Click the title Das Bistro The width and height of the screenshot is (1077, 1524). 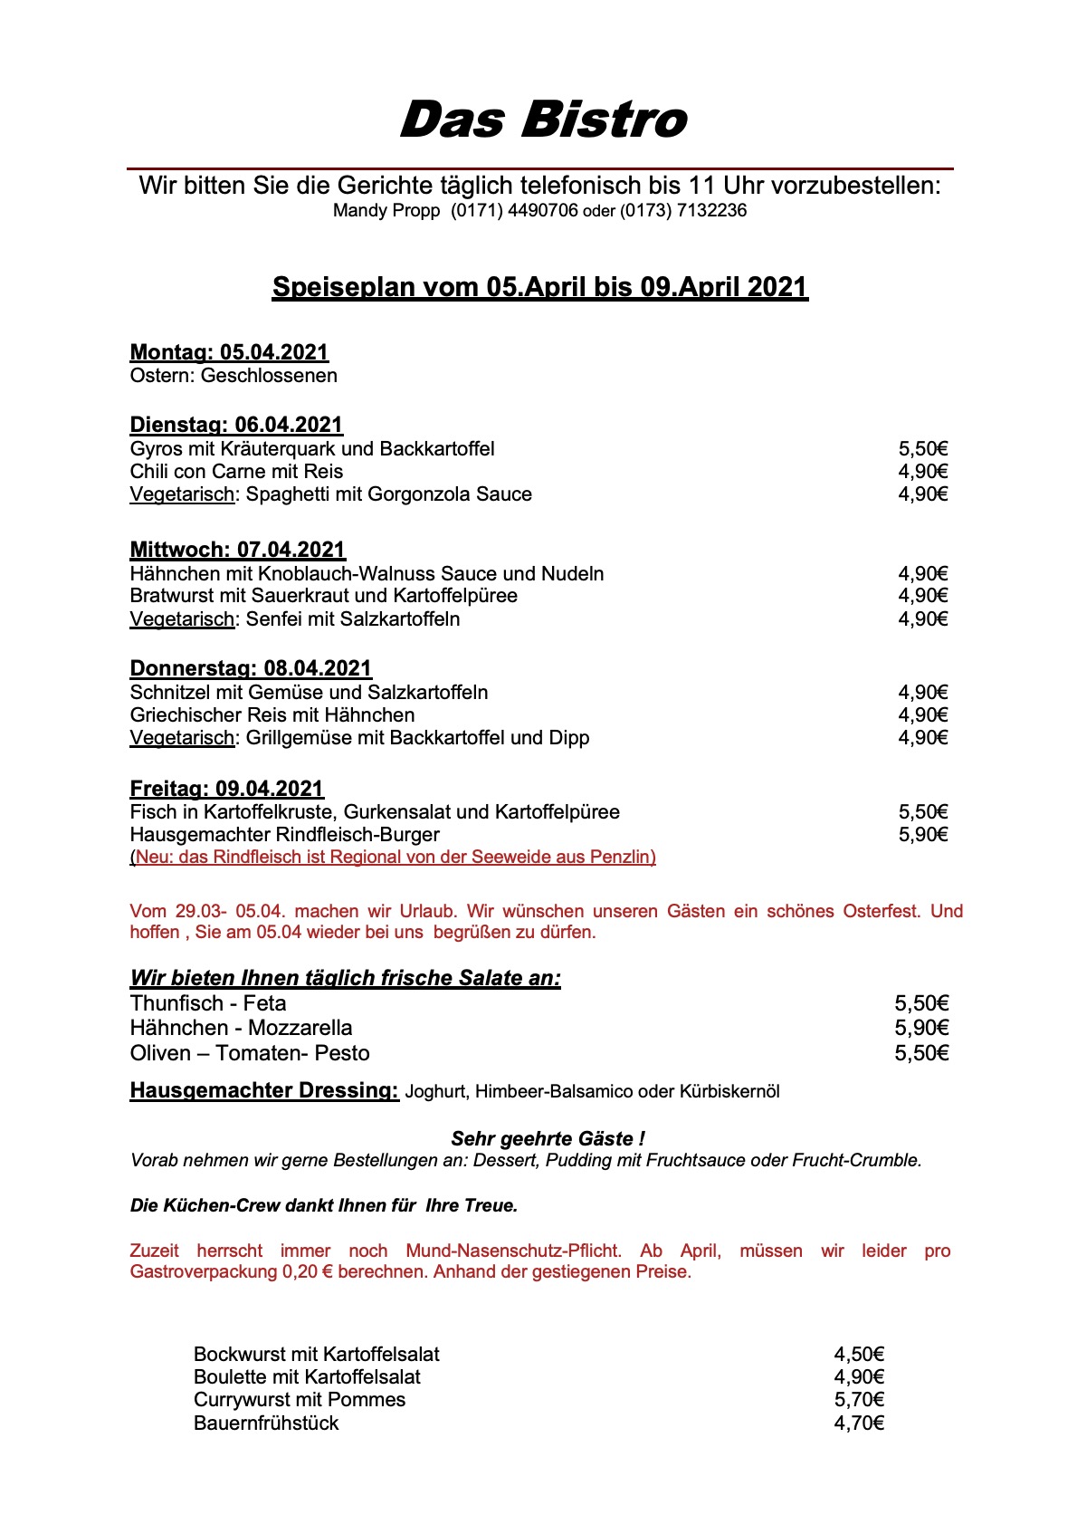pos(543,120)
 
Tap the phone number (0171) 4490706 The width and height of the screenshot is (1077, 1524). pos(514,211)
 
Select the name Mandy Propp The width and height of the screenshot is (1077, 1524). pos(386,211)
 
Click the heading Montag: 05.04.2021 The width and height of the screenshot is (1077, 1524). pos(229,352)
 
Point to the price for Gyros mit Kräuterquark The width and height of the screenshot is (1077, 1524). pos(922,449)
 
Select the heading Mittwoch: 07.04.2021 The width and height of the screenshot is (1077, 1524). pos(237,550)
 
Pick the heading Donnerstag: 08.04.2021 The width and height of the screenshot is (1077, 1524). pos(251,668)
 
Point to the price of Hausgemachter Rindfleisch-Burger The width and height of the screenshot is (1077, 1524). pos(922,835)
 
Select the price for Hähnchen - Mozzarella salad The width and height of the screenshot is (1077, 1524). pos(921,1028)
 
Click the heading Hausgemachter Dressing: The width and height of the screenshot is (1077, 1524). pos(264,1090)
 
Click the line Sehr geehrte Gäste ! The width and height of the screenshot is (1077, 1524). pos(548,1138)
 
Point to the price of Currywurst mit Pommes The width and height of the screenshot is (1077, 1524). pos(858,1400)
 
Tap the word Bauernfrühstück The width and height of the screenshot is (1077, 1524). pos(266,1423)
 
